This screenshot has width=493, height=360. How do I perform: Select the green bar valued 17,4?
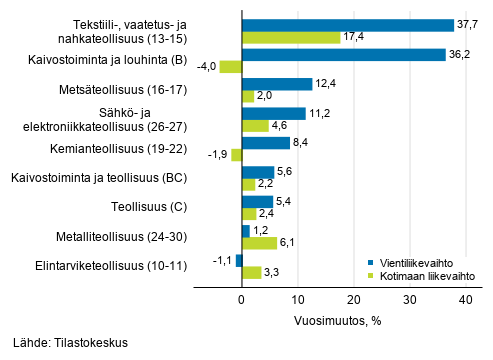tap(291, 37)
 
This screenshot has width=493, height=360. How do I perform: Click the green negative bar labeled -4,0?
tap(230, 67)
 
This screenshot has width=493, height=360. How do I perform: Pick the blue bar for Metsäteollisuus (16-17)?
tap(277, 84)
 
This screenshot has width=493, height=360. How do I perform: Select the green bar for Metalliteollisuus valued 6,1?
tap(259, 243)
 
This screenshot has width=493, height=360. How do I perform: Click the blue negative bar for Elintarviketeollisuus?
tap(239, 260)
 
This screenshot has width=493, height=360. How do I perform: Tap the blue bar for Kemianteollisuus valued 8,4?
tap(265, 143)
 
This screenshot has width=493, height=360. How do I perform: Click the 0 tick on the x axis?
tap(242, 299)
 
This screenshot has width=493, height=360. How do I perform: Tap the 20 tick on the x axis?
tap(353, 299)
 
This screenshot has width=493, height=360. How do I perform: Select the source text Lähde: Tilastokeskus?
tap(71, 343)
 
